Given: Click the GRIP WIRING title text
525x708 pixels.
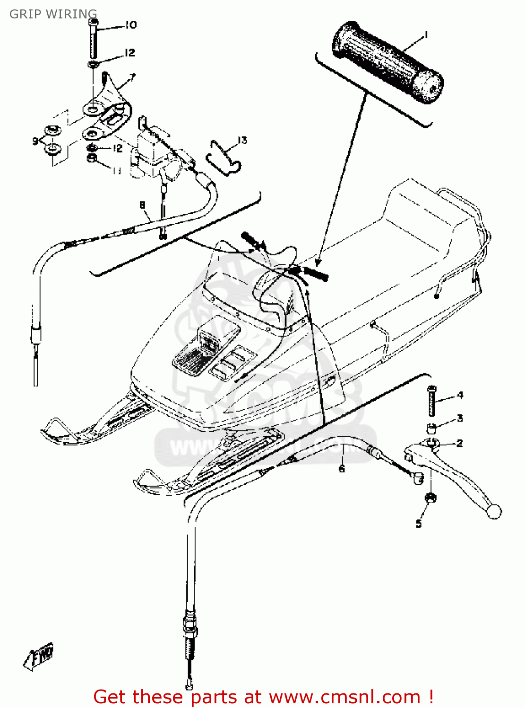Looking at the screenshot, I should click(53, 14).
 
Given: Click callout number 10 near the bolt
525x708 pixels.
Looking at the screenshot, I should click(131, 25).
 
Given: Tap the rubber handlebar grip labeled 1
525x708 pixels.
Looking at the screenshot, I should click(387, 62).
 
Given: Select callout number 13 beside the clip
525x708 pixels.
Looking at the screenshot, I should click(242, 140).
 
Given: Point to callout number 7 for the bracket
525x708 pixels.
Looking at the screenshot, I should click(132, 77).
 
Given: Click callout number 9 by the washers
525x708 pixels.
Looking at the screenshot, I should click(35, 141).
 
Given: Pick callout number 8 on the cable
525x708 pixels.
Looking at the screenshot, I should click(142, 205).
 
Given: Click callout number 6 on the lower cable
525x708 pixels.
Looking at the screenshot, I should click(341, 468).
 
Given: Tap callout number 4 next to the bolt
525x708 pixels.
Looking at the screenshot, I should click(460, 395).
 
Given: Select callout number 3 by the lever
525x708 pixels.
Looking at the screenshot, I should click(460, 418).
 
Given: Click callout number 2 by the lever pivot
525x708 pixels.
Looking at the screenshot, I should click(460, 443).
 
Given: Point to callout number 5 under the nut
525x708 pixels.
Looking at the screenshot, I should click(419, 523).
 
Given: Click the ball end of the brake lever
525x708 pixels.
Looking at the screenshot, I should click(494, 512).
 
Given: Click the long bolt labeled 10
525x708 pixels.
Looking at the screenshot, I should click(94, 40).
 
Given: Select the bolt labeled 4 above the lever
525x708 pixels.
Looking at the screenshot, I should click(431, 401).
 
